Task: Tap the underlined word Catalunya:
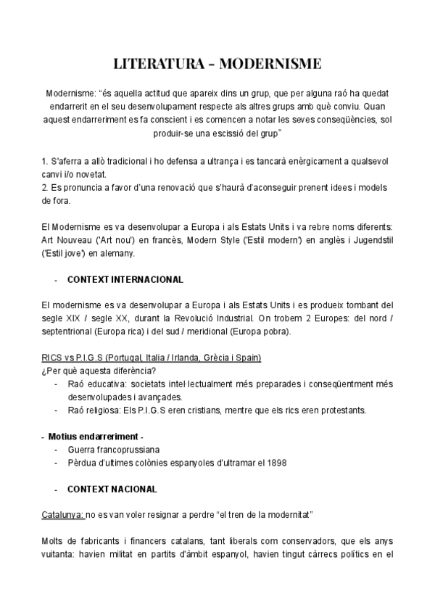point(62,515)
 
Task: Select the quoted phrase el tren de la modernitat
point(260,515)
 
